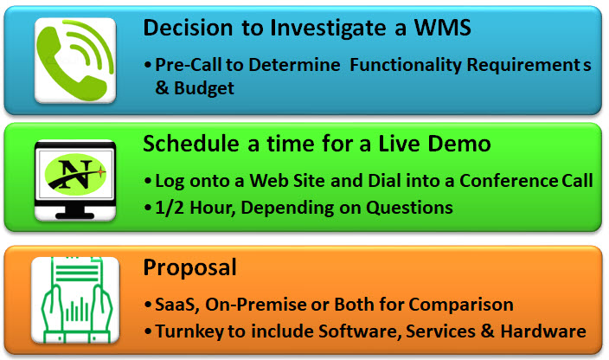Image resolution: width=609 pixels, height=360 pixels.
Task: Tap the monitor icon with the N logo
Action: click(x=75, y=180)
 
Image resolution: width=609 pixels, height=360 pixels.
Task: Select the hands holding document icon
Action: click(x=75, y=299)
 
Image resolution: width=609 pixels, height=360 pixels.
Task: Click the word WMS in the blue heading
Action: click(x=442, y=28)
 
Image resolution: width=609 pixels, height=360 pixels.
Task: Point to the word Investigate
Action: click(x=328, y=29)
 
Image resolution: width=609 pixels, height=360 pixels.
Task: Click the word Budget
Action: click(x=204, y=88)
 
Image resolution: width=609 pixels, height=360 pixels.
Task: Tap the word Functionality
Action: click(x=406, y=65)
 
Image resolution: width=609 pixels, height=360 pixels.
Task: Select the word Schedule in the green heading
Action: click(x=190, y=144)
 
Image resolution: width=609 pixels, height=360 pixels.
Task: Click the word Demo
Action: click(x=459, y=144)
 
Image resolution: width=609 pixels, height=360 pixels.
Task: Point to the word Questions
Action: click(x=409, y=208)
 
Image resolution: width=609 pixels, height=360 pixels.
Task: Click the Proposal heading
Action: click(x=189, y=267)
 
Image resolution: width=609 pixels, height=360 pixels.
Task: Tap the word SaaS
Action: click(x=177, y=305)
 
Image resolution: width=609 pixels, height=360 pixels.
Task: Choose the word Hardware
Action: click(x=543, y=331)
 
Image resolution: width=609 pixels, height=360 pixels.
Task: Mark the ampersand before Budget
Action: click(x=162, y=87)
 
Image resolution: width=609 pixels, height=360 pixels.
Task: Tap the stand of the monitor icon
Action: click(x=74, y=212)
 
